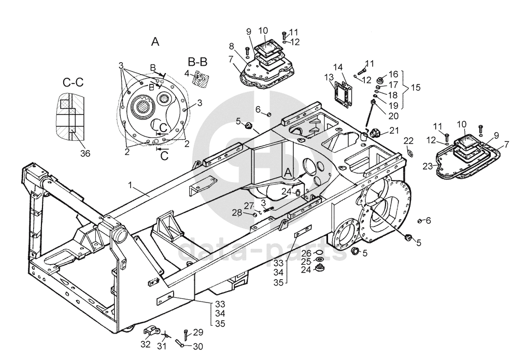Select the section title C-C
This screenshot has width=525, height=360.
(73, 82)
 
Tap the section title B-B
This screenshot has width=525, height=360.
(197, 62)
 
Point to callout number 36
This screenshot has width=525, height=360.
(85, 153)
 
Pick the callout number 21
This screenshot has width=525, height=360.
(394, 130)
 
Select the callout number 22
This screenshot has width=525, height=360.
(408, 140)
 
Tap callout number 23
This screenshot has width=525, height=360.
(428, 166)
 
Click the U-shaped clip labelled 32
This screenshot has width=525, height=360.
(151, 331)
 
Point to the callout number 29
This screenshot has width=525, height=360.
(198, 332)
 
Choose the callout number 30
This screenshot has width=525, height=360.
(198, 347)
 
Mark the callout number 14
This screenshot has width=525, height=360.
(338, 67)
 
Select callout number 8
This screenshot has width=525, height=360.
(232, 46)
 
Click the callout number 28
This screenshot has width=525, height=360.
(237, 212)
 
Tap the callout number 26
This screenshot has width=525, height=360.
(306, 253)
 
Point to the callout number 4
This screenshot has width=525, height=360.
(187, 73)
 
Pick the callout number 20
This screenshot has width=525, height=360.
(393, 116)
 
